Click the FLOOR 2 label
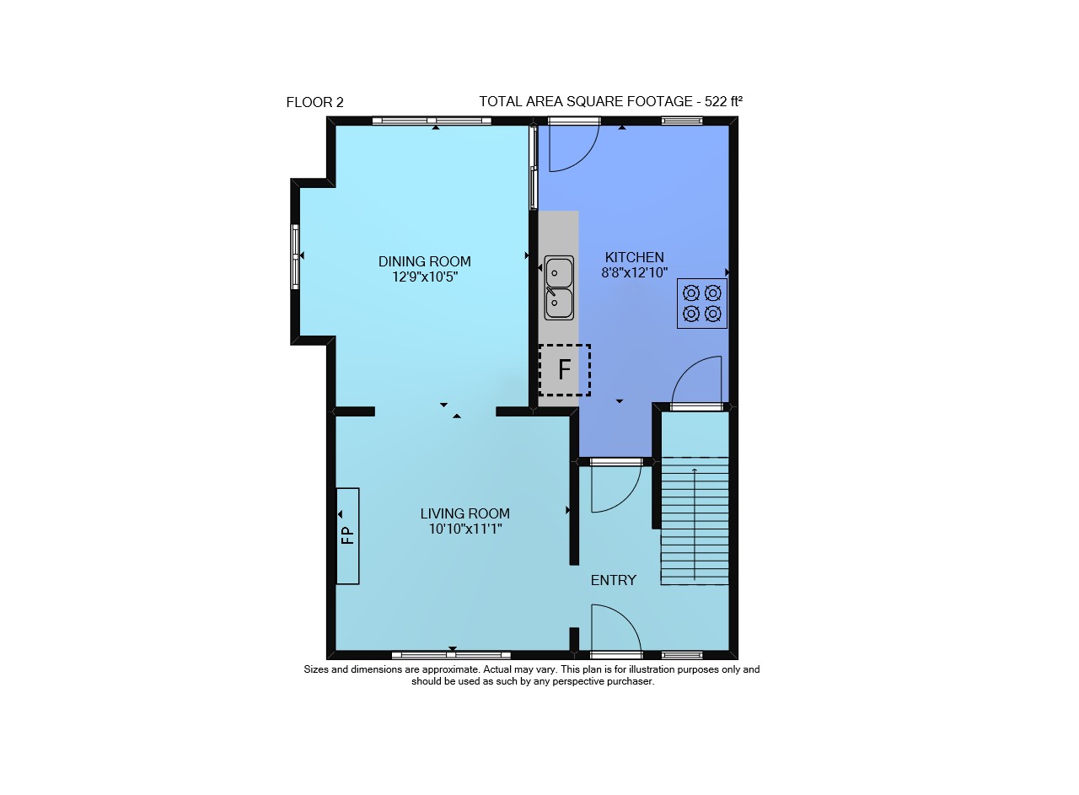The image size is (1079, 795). pos(315,103)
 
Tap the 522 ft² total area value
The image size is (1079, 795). pos(723,102)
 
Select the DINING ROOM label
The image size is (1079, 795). pos(424,261)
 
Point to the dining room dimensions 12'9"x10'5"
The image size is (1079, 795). pos(424,277)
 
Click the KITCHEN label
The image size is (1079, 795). pos(635,257)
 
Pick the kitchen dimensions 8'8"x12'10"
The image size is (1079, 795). pos(635,272)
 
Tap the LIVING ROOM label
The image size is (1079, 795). pos(464,513)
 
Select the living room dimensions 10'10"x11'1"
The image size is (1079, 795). pos(465,529)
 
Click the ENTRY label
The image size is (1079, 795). pos(613,580)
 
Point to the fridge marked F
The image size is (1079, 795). pos(565,370)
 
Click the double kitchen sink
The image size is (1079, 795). pos(559,287)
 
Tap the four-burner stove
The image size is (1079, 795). pos(702,303)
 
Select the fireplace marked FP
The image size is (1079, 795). pos(347,536)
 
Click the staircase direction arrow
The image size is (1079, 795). pos(694,524)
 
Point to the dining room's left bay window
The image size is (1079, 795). pos(295,257)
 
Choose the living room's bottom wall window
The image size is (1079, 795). pos(451,655)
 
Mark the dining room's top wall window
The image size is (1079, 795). pos(432,121)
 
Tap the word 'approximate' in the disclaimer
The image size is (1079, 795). pos(451,669)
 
